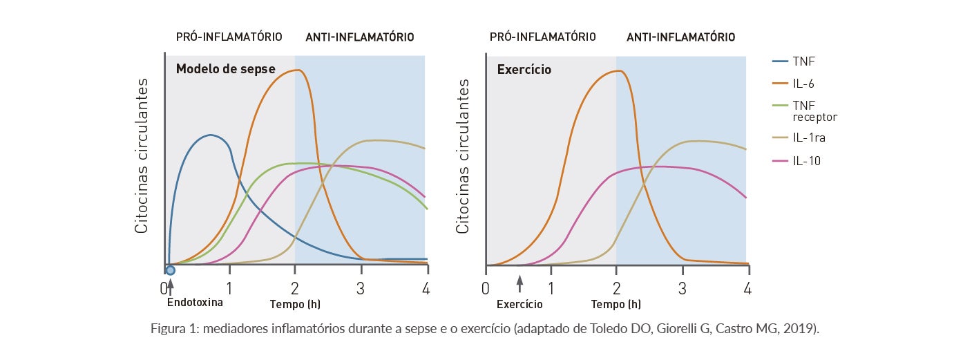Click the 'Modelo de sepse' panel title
[x=225, y=69]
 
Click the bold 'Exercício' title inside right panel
[x=524, y=70]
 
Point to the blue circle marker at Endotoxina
[x=170, y=270]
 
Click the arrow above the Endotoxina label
[x=170, y=283]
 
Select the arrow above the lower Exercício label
[x=520, y=283]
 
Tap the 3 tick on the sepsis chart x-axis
[x=361, y=288]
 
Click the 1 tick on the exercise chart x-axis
[x=551, y=288]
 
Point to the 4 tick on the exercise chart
[x=747, y=288]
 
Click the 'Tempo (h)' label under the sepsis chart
[x=295, y=304]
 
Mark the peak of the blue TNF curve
[x=210, y=135]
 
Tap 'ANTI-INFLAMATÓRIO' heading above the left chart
[x=359, y=37]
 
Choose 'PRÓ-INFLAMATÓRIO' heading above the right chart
[x=542, y=37]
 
